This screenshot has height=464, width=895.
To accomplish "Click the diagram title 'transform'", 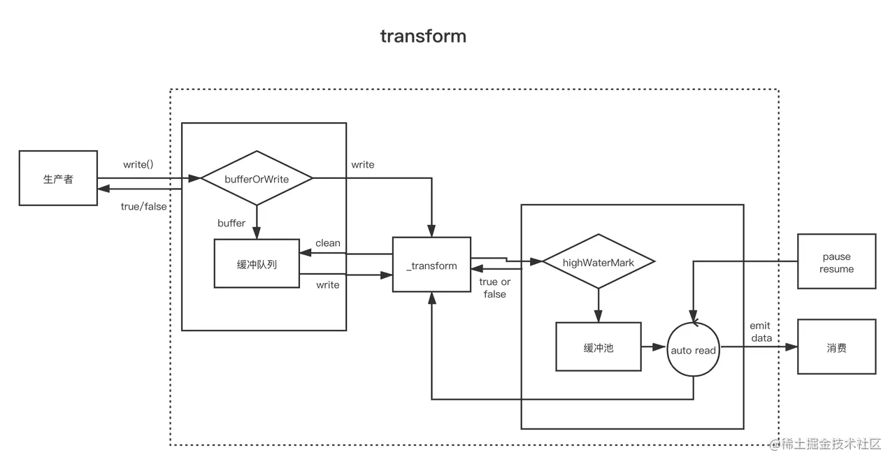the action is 423,36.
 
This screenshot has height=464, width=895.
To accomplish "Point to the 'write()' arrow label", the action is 138,164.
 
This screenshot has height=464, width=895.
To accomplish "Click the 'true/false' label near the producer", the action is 144,206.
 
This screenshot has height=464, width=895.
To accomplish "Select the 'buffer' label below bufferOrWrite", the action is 231,223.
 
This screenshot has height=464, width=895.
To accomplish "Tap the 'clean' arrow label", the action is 328,242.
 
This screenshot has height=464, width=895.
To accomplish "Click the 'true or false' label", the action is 494,288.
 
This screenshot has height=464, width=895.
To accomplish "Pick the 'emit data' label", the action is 761,332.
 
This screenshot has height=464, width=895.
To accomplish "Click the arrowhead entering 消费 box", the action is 792,347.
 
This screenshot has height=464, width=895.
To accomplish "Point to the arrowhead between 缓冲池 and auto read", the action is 659,347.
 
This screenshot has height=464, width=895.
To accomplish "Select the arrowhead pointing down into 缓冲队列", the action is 257,233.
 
